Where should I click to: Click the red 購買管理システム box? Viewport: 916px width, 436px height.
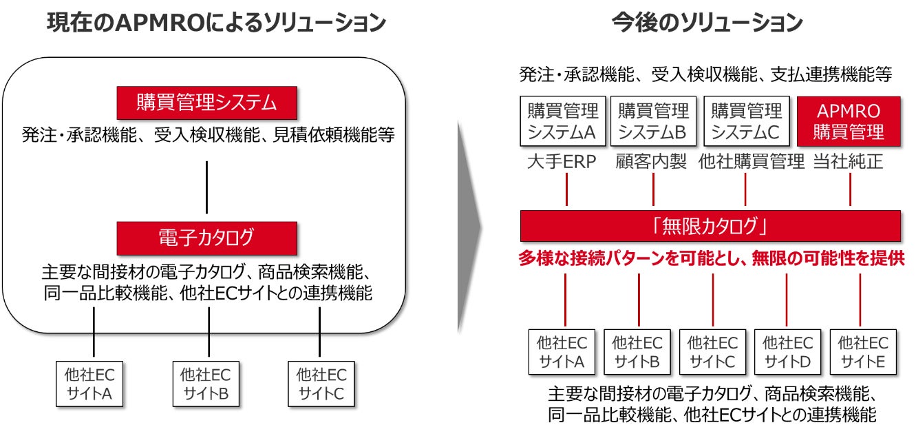point(207,103)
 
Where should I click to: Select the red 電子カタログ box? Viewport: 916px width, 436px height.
point(207,238)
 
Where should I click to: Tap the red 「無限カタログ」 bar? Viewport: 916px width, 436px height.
point(710,226)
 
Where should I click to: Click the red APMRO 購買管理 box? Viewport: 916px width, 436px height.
point(848,121)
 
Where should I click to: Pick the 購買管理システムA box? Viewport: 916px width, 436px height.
point(563,121)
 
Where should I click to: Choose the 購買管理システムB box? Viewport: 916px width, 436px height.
point(653,121)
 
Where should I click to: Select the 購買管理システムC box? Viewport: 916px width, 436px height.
point(746,121)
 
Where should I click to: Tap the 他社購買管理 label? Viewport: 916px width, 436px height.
point(752,163)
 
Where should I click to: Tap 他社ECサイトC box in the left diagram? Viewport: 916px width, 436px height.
point(321,384)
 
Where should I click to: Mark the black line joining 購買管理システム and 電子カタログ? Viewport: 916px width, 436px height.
point(207,187)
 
